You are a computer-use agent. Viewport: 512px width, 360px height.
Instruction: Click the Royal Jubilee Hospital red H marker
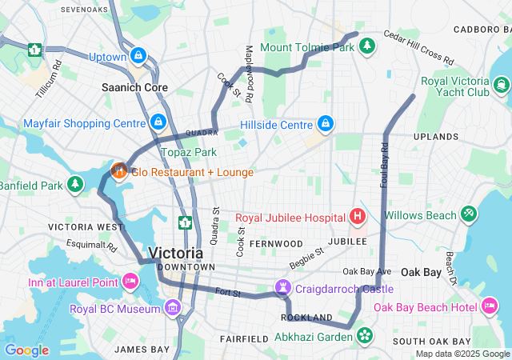pos(357,216)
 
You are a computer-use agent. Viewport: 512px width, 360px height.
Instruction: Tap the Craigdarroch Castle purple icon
pos(283,287)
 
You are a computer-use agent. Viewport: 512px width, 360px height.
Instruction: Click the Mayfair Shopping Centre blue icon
pos(158,122)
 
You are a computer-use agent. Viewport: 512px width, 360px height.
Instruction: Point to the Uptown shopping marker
pos(138,56)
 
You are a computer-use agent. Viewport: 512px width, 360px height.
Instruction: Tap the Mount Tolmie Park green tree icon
pos(367,47)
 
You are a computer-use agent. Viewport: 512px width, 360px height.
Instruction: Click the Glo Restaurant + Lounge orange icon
pos(118,170)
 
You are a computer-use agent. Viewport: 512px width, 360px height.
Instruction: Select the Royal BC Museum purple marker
pos(172,308)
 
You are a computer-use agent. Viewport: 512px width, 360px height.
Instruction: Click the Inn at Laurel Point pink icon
pos(130,281)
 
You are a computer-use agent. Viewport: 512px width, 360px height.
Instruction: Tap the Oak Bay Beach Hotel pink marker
pos(488,306)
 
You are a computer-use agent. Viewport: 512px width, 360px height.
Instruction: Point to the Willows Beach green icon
pos(468,214)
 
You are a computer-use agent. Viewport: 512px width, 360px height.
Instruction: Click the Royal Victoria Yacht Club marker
pos(501,85)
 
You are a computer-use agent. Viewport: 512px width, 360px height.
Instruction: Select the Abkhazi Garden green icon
pos(365,336)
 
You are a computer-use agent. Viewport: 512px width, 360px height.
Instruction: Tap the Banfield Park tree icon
pos(75,186)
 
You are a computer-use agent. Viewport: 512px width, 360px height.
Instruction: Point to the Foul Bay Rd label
pos(384,165)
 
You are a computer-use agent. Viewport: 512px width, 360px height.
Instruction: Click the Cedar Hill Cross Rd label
pos(418,48)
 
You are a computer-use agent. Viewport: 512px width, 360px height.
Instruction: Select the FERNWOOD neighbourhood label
pos(275,242)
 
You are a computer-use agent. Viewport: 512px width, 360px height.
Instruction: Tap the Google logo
pos(26,350)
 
